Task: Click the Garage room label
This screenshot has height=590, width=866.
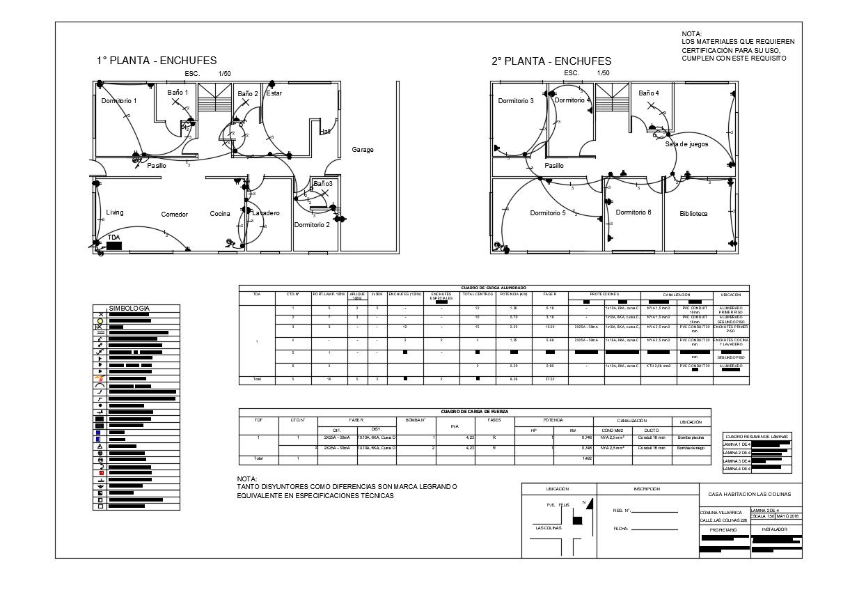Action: pos(362,150)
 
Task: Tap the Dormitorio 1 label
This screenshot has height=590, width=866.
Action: pos(119,101)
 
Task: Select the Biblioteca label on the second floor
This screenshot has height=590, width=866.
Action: pos(693,214)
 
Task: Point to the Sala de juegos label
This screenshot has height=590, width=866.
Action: pos(686,144)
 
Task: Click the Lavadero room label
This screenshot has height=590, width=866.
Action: pos(266,213)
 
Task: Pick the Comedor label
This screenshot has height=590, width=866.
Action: pos(175,215)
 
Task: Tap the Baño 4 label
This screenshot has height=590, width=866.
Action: pos(649,93)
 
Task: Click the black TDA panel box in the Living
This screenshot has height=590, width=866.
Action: pos(114,246)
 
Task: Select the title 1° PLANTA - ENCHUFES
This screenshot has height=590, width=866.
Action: pos(157,61)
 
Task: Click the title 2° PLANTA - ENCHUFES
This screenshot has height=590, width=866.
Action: pos(551,61)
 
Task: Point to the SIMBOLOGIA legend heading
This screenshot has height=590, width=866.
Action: pos(129,309)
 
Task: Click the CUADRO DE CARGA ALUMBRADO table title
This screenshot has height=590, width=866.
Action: pos(494,288)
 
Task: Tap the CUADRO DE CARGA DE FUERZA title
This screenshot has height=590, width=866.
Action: pos(475,412)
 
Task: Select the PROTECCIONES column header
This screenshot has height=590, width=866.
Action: pos(604,295)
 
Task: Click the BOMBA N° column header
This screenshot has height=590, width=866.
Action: pos(415,420)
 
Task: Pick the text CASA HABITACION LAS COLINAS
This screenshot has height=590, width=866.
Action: pos(750,495)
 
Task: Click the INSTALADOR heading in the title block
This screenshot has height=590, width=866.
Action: pos(775,529)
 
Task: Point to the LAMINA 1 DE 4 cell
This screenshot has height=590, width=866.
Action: pos(737,444)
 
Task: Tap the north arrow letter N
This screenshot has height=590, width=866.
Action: pos(583,502)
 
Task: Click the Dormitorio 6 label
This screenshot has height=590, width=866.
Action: pos(633,212)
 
